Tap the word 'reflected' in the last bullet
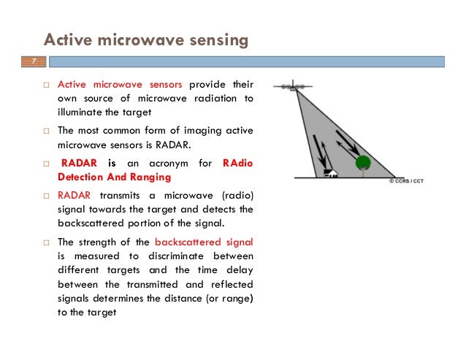228,284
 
